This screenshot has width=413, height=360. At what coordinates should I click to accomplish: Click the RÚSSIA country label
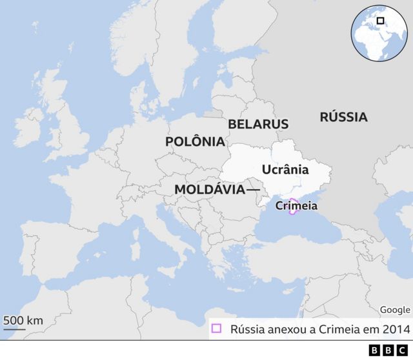click(343, 117)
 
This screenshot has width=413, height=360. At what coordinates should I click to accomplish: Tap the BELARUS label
click(258, 123)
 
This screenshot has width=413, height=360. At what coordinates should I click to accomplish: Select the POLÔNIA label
click(195, 141)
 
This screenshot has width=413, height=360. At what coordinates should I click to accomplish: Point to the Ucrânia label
click(286, 170)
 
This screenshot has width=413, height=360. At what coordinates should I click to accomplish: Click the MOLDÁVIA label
click(209, 190)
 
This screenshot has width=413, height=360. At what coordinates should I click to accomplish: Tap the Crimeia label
click(296, 206)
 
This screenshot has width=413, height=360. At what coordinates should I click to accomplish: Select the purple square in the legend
click(217, 328)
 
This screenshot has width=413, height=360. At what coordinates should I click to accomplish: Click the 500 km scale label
click(23, 321)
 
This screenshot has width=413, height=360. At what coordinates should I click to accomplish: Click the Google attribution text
click(394, 310)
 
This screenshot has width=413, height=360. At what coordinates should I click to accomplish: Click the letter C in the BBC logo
click(403, 350)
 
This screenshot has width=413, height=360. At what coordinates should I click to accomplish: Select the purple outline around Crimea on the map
click(292, 200)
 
